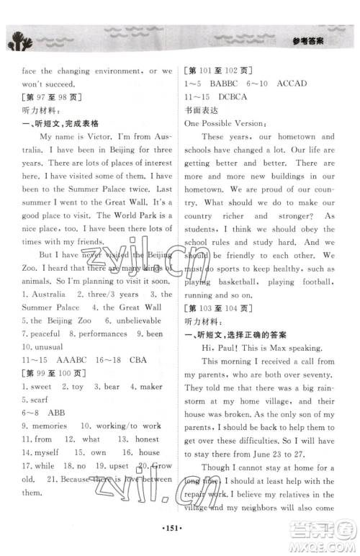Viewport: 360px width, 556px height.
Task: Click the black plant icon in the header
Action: [x=20, y=42]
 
